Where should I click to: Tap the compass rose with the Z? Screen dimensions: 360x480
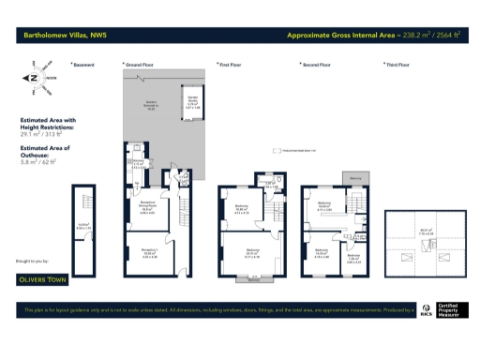click(33, 79)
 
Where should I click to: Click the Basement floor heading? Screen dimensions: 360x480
click(84, 65)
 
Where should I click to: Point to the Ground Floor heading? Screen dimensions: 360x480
click(140, 65)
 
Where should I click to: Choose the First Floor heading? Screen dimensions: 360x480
click(231, 65)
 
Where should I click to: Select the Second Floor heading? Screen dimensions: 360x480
click(316, 65)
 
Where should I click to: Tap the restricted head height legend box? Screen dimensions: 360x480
click(277, 149)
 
